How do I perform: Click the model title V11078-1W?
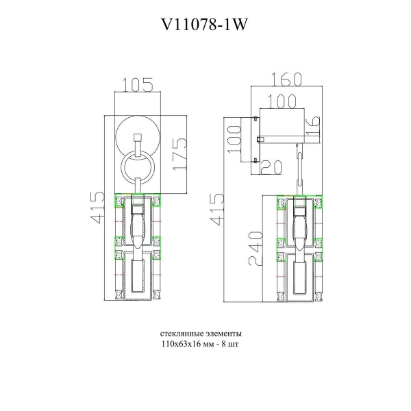pos(204,25)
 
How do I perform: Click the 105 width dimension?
pos(138,85)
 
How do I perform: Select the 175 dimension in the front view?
pos(179,154)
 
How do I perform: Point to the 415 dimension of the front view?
pos(97,208)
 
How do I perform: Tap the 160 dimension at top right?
pos(286,79)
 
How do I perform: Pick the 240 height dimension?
pos(256,249)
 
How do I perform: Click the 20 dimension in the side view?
pos(271,167)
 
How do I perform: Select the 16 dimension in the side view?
pos(313,126)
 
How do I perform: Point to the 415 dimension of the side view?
pos(217,209)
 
